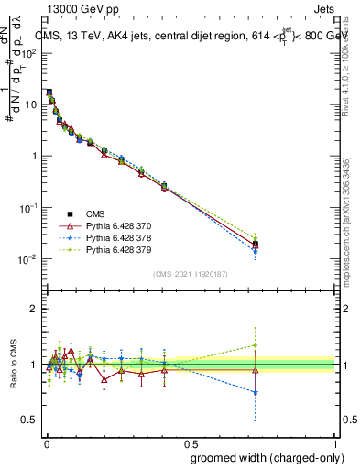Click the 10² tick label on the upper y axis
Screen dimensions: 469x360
click(x=27, y=53)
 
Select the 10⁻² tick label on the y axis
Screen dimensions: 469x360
click(x=27, y=259)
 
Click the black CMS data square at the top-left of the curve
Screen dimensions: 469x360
click(x=49, y=93)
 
